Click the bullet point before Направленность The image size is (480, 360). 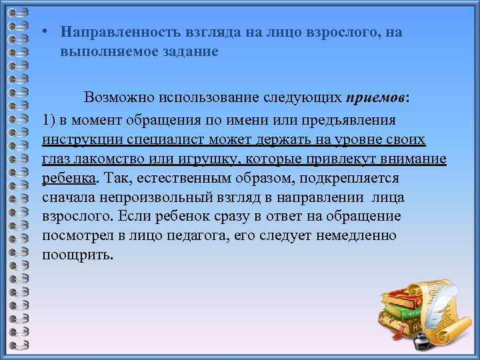[x=42, y=32]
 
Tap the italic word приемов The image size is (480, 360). [x=376, y=98]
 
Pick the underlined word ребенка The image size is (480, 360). [x=69, y=179]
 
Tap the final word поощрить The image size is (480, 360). [x=77, y=255]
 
